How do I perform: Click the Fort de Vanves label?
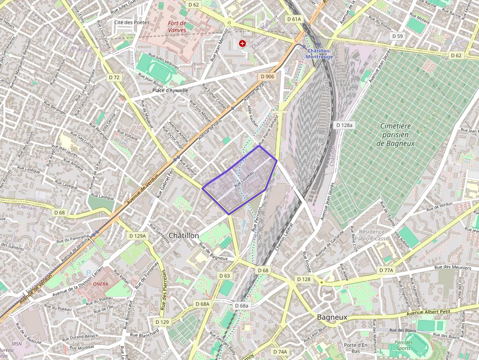pos(176,26)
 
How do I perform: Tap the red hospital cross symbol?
pos(242,43)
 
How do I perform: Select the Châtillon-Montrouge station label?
pos(319,54)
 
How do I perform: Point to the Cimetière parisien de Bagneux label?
pos(396,134)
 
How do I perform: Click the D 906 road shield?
pos(267,77)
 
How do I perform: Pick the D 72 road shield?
pos(114,77)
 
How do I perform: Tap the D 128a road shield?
pos(345,125)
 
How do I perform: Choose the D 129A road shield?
pos(137,236)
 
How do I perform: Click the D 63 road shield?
pos(224,276)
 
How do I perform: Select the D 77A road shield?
pos(386,270)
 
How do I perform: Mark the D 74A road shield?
pos(280,352)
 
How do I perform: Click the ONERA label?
pos(100,284)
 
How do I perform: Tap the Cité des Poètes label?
pos(131,22)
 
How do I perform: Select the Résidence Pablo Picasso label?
pos(372,235)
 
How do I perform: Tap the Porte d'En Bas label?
pos(355,348)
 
